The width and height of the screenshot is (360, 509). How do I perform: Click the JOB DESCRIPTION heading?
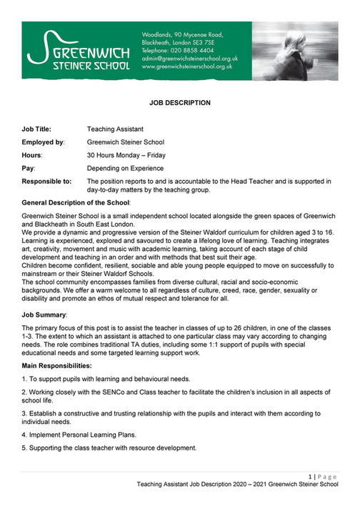(x=179, y=104)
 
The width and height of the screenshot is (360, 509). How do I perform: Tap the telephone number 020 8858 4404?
(x=189, y=51)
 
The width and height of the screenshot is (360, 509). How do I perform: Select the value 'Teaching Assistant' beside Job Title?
(x=115, y=129)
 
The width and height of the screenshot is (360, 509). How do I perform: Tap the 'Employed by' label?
(x=44, y=142)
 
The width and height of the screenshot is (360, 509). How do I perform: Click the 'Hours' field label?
(x=33, y=155)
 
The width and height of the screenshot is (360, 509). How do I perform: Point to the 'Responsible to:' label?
(x=47, y=182)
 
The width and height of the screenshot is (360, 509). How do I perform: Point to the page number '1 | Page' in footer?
(x=323, y=476)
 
